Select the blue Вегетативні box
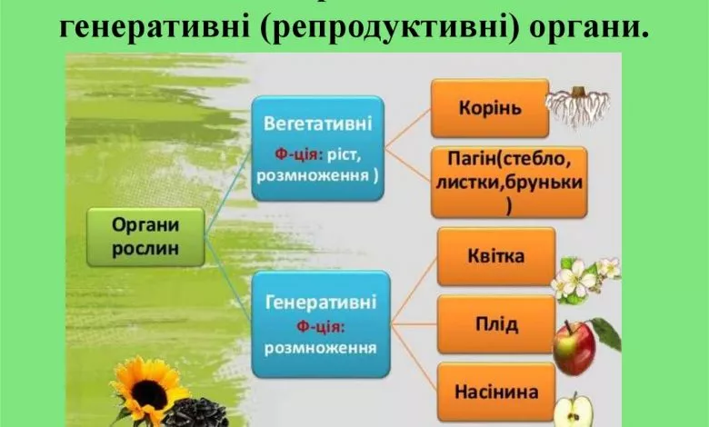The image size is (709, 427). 317,148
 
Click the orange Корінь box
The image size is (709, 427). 488,108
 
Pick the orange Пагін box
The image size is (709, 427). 508,183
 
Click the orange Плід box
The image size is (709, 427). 495,324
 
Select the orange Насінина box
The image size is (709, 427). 495,392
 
